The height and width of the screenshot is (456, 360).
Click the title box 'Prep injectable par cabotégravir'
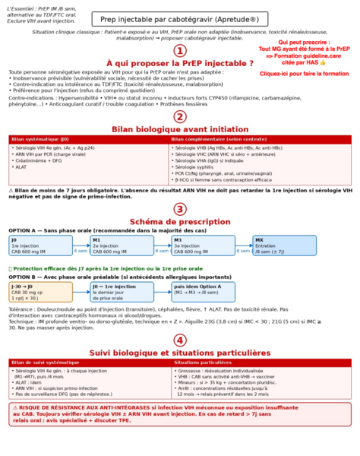[179, 20]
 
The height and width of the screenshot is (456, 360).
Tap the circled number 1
[180, 50]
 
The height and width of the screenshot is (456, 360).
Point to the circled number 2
[180, 116]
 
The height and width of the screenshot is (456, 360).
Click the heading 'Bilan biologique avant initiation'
[180, 129]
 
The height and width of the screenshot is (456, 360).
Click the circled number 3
[180, 208]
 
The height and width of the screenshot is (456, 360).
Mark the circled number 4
[180, 340]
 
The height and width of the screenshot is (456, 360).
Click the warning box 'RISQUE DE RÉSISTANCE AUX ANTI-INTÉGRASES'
[180, 413]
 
